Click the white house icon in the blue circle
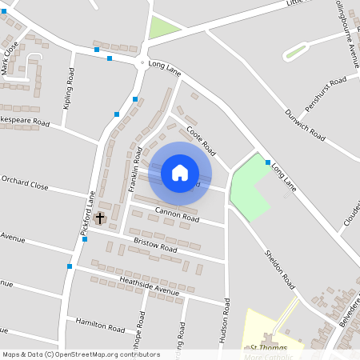pos(179,173)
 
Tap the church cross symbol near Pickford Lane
pos(101,218)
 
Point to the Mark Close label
pos(10,58)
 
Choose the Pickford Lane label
pos(89,214)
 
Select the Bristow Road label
pos(155,245)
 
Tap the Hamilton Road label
pos(101,325)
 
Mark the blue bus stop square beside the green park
pos(268,162)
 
